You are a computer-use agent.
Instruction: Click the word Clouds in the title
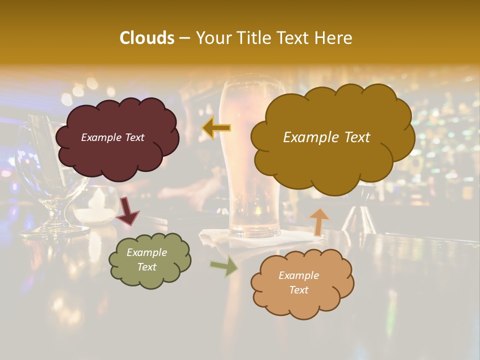[x=147, y=38]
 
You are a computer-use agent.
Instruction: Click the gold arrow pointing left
[x=216, y=128]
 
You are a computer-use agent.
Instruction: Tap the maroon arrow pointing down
[x=128, y=210]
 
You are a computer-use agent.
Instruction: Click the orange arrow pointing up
[x=319, y=221]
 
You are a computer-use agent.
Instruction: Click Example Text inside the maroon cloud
[x=112, y=137]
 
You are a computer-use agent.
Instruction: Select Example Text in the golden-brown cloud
[x=326, y=137]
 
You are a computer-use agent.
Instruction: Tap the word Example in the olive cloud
[x=146, y=252]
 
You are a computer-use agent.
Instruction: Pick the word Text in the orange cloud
[x=299, y=290]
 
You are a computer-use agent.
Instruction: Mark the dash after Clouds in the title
[x=184, y=38]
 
